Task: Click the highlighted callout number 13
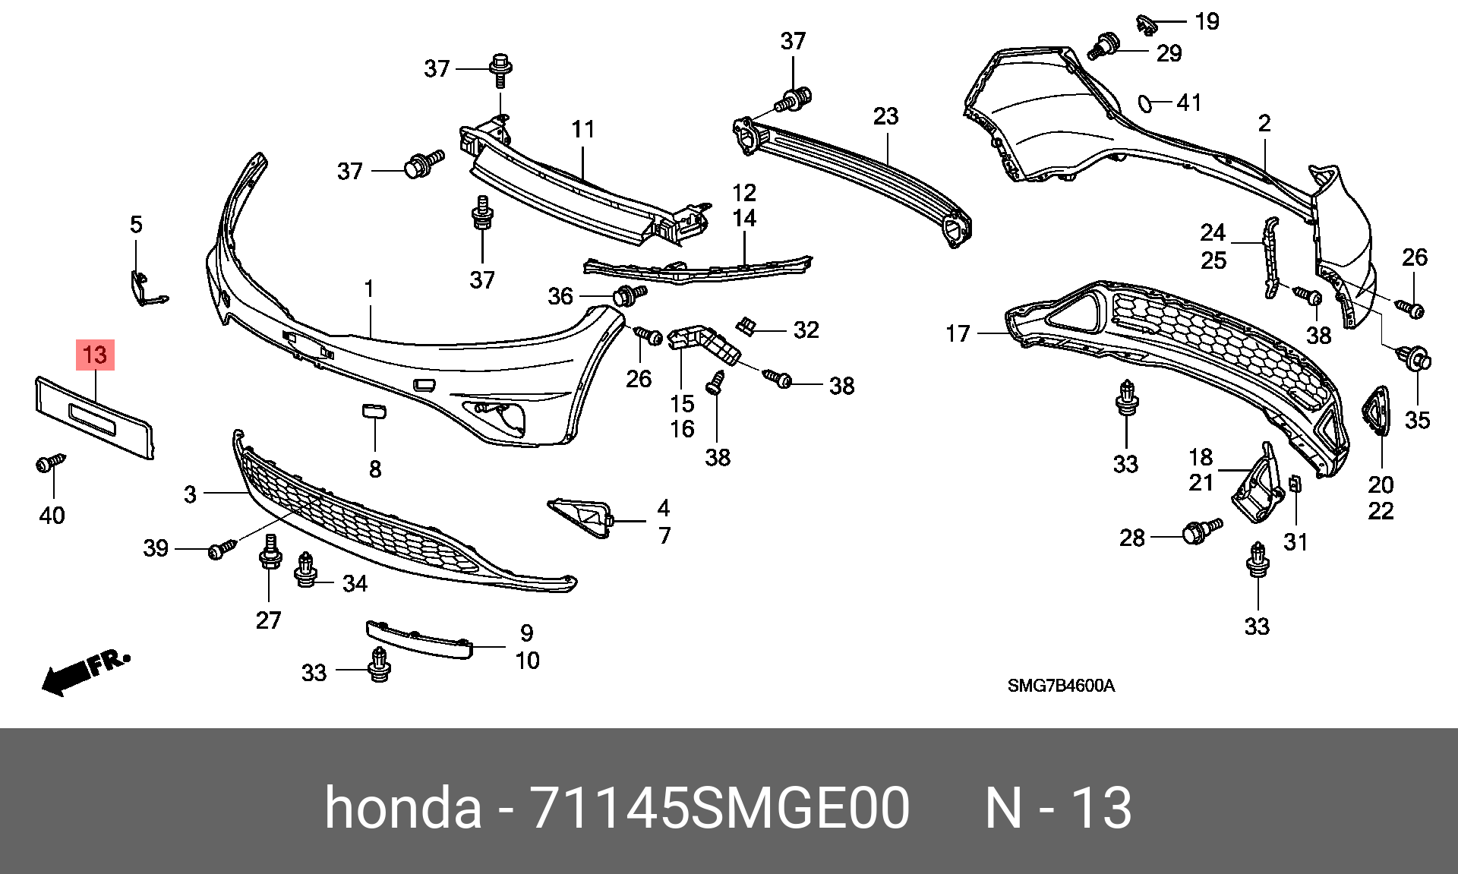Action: [x=95, y=355]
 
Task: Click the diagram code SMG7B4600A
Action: [x=1061, y=686]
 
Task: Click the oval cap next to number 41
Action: [x=1145, y=103]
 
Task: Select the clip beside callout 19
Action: [x=1145, y=24]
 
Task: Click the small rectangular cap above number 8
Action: [x=374, y=410]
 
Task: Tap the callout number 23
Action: [x=885, y=116]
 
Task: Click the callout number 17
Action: [x=958, y=333]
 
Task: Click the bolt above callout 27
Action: [x=270, y=552]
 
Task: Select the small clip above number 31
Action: [x=1295, y=483]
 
